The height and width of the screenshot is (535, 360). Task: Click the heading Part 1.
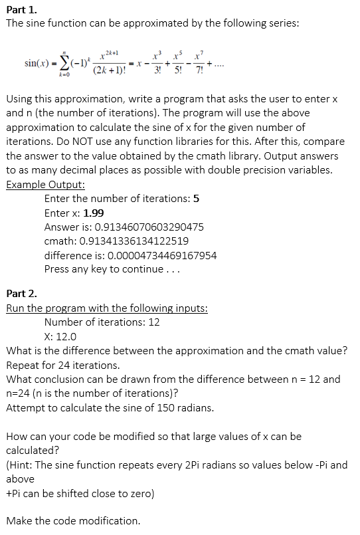coord(20,9)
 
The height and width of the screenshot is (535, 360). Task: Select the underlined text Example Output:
coord(45,185)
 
